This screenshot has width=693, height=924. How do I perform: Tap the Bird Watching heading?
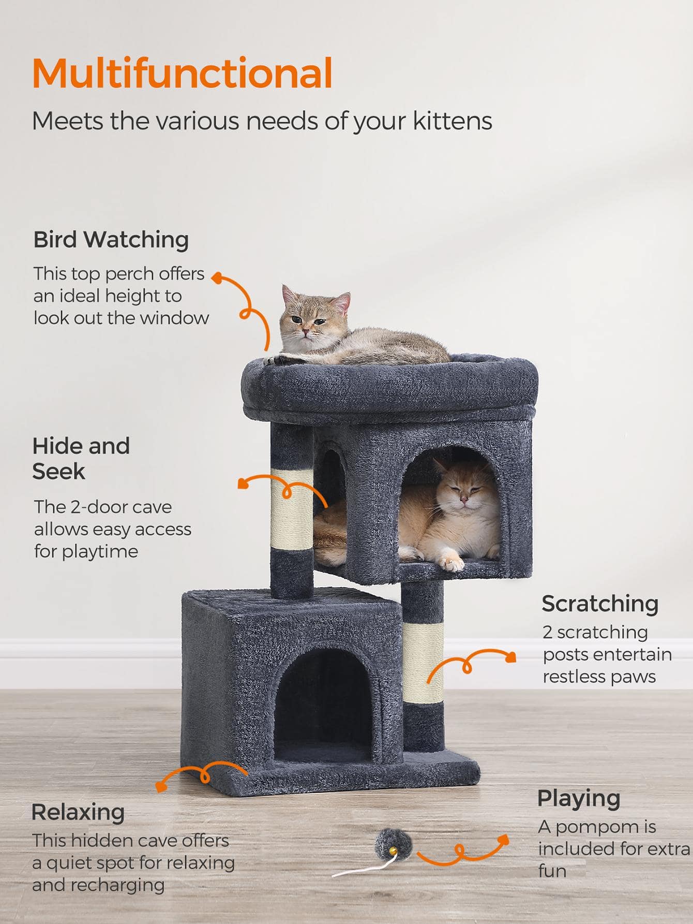[111, 240]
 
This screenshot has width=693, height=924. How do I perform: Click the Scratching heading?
[600, 604]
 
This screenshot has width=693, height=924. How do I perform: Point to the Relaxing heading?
[78, 812]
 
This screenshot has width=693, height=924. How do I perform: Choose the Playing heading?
[579, 799]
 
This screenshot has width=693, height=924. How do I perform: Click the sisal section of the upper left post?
[292, 509]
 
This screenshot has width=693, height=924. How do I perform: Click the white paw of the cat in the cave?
[451, 563]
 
